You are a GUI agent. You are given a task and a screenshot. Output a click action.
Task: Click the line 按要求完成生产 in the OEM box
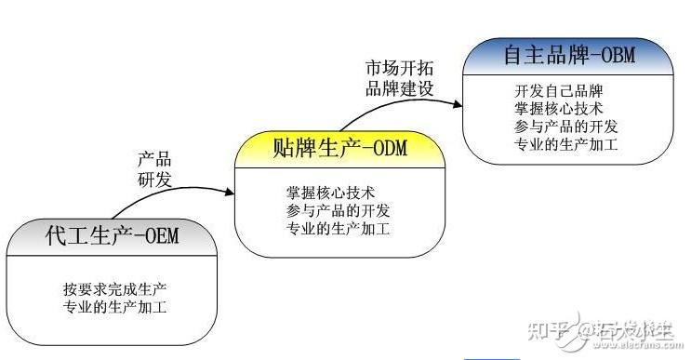coord(114,287)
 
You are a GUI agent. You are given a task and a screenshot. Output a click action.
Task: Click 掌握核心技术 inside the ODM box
coord(330,193)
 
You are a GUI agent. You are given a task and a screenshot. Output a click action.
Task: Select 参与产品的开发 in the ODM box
coord(337,210)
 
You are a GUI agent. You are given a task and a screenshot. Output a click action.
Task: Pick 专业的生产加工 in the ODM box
coord(337,227)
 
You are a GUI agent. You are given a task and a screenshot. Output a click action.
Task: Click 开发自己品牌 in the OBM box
coord(558,91)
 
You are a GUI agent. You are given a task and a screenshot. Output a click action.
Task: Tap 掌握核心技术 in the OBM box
coord(558,109)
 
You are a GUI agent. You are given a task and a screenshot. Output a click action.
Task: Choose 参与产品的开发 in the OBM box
coord(565,127)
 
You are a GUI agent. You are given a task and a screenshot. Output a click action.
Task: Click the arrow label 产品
coord(154,159)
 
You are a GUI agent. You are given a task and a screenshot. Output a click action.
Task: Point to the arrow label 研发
coord(154,178)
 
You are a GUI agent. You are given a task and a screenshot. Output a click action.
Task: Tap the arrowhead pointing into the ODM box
coord(228,193)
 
